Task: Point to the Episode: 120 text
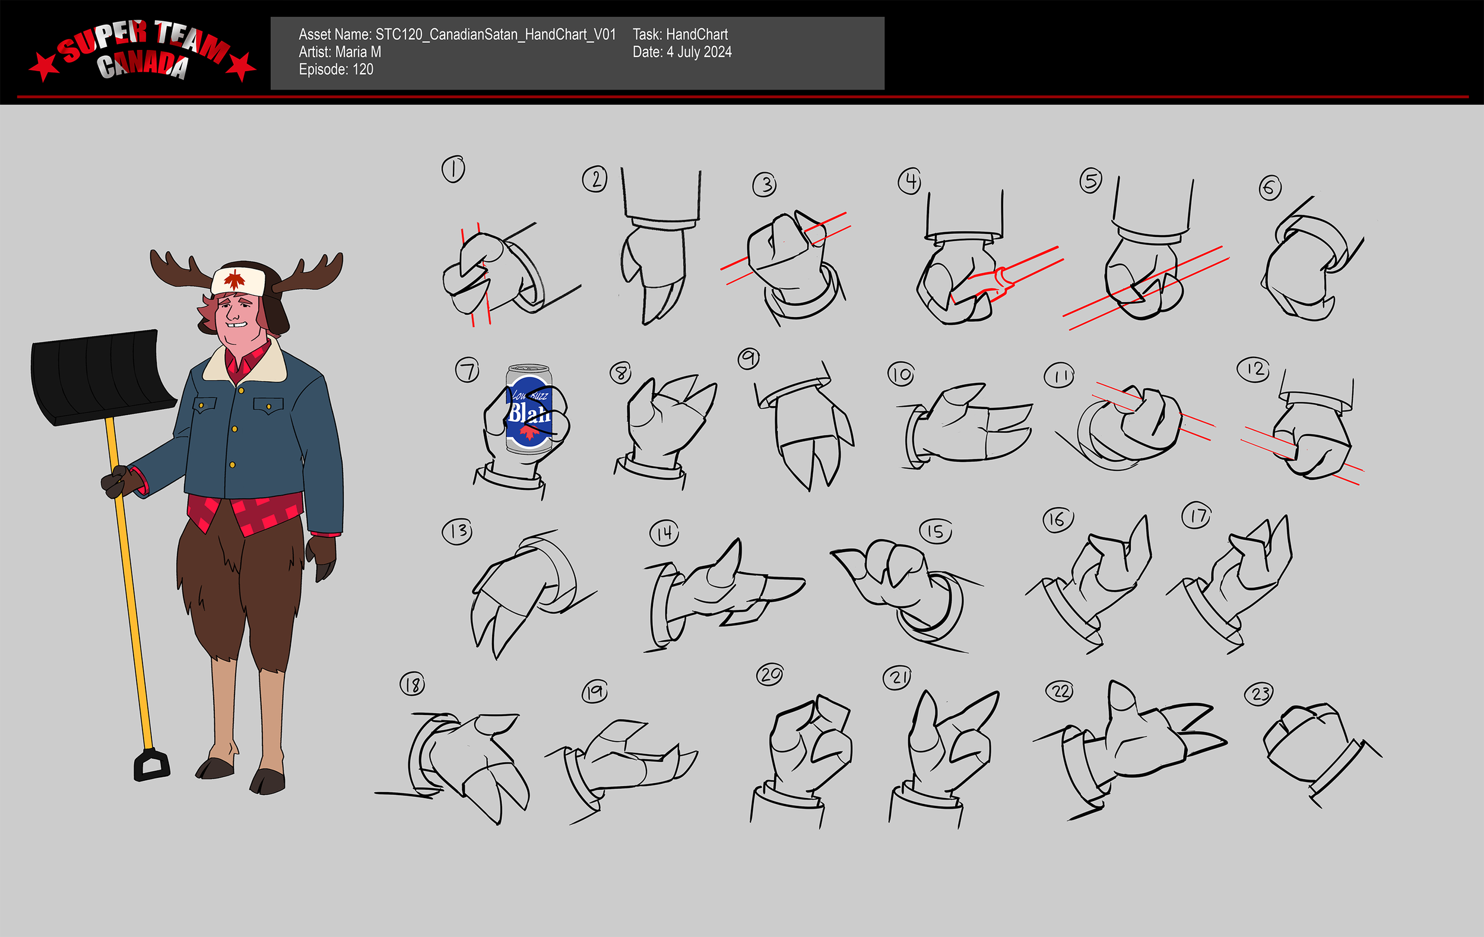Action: tap(336, 69)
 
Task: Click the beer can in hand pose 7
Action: tap(528, 409)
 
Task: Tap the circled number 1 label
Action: tap(453, 169)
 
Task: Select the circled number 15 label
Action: tap(935, 531)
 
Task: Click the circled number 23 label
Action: tap(1260, 694)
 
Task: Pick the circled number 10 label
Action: tap(900, 373)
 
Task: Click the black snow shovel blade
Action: tap(102, 376)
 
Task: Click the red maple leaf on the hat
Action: tap(234, 279)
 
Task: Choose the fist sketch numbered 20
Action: tap(807, 746)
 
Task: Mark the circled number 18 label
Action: tap(413, 684)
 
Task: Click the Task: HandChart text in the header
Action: tap(680, 34)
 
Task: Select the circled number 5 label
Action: tap(1090, 181)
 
